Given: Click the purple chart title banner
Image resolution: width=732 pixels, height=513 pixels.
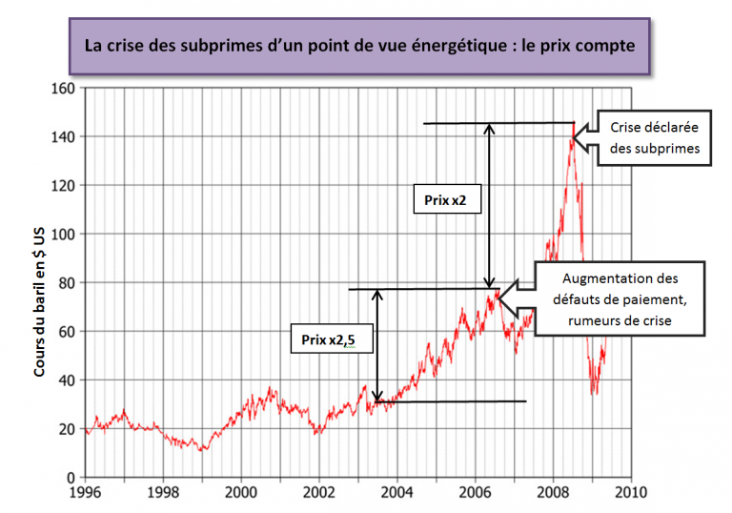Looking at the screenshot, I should coord(359,46).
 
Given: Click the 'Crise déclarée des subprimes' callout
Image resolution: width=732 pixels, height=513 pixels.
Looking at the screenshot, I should coord(654,138).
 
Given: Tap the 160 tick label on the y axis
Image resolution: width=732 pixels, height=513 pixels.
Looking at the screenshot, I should coord(65,89).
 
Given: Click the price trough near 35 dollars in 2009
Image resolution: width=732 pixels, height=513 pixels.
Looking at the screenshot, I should coord(594,391).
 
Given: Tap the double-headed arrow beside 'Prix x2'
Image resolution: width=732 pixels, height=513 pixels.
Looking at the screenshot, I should coord(490,205).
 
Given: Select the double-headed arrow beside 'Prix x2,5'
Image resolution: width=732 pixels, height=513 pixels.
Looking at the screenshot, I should coord(378,345).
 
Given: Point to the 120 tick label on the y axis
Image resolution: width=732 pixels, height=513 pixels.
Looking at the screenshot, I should coord(65,186).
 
